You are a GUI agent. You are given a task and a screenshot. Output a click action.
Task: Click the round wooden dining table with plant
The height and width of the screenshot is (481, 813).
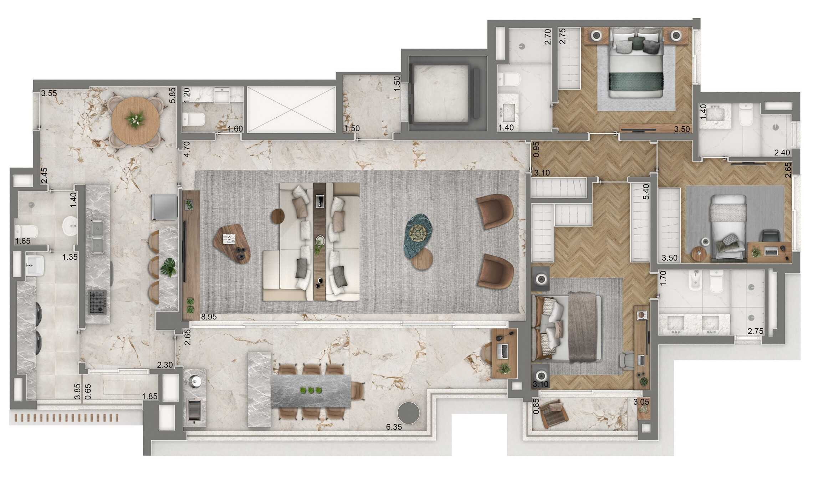(135, 120)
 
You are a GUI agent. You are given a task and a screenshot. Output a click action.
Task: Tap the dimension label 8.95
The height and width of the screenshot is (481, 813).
(209, 317)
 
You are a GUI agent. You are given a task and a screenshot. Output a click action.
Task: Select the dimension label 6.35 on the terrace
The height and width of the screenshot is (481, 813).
(394, 427)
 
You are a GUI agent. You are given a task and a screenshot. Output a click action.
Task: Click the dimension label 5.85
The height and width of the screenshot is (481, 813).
(173, 95)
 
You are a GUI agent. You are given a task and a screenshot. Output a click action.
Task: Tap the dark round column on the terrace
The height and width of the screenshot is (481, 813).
(408, 413)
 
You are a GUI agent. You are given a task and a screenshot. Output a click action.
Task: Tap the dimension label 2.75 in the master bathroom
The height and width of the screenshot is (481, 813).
(755, 331)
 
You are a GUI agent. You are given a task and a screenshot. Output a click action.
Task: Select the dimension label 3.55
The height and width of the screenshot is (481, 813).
(49, 93)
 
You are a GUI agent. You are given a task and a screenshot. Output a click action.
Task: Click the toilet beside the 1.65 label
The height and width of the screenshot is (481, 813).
(26, 231)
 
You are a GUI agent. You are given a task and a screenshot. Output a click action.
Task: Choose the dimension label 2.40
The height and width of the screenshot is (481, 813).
(782, 153)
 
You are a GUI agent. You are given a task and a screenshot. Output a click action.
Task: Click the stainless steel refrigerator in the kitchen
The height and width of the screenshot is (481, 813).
(164, 207)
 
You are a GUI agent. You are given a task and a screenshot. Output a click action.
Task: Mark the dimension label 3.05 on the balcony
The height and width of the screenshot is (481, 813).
(641, 402)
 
